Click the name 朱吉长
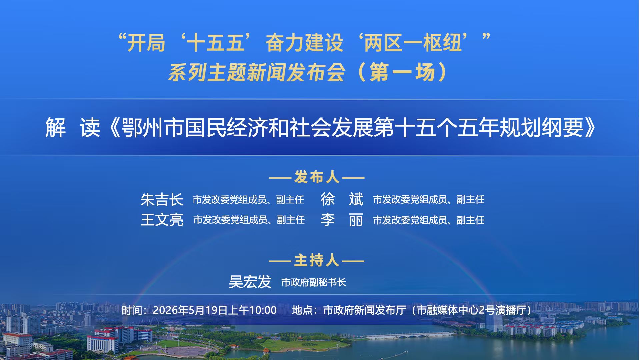162,200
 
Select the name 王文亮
162,220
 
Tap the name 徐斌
342,199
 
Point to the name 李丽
342,220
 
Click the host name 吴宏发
250,282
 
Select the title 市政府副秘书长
314,283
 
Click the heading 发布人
317,177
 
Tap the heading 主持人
317,260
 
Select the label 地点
302,310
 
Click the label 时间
132,310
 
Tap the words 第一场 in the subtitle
402,72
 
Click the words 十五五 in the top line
216,43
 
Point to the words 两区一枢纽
413,43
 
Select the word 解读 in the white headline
73,128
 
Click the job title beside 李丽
429,220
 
